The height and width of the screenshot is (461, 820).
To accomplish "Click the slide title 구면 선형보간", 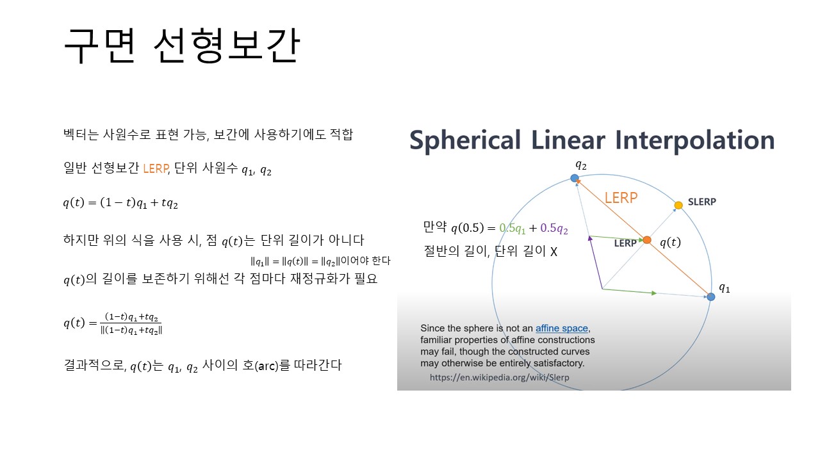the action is point(182,45).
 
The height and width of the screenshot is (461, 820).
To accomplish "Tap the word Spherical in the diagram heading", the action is point(465,140).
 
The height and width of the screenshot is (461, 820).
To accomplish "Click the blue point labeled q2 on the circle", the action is point(575,178).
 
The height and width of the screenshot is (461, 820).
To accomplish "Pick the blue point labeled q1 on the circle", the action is point(711,296).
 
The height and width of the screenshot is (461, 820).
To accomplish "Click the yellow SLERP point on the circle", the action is point(678,206).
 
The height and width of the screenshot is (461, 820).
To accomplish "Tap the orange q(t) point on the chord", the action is point(647,240).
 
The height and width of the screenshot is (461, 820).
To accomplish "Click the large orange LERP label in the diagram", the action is point(621,198).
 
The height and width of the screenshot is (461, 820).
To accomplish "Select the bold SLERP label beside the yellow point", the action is point(701,202).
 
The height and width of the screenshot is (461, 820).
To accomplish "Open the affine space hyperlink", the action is point(562,328).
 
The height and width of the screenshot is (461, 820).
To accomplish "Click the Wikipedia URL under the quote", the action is point(499,377).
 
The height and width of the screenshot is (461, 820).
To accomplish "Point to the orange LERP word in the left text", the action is point(156,168).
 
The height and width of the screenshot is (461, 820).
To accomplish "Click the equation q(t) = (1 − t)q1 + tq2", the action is point(120,203).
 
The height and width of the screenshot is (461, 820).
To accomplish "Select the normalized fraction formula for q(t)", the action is point(113,323).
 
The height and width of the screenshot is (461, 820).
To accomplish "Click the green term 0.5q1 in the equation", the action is point(512,229).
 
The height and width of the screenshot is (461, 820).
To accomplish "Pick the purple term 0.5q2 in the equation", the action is point(554,229).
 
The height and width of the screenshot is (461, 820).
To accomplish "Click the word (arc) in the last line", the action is point(266,366).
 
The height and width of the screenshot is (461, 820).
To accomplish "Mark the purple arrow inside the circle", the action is point(596,263).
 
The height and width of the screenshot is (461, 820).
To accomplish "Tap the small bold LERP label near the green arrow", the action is point(625,243).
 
